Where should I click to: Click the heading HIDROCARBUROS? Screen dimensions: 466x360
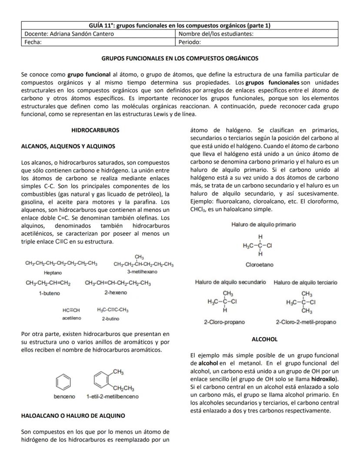click(95, 130)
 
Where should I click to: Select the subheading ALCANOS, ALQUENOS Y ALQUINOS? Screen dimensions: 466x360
click(68, 146)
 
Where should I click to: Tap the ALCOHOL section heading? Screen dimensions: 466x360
click(264, 339)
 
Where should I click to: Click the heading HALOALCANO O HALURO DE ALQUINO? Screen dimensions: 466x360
click(73, 416)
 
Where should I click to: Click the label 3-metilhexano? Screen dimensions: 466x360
click(142, 272)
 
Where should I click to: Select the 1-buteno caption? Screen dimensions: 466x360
click(49, 293)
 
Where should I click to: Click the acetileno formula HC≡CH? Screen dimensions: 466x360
click(71, 310)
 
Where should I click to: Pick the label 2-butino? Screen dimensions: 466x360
click(111, 318)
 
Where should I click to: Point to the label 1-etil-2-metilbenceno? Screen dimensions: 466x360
click(113, 396)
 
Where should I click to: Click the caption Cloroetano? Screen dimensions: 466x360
click(260, 264)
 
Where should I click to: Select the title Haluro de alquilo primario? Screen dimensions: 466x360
click(264, 224)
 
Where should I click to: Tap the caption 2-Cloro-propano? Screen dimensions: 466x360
click(224, 322)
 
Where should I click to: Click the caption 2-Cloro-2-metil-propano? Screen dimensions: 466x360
click(306, 322)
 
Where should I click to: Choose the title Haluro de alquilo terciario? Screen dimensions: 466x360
click(305, 282)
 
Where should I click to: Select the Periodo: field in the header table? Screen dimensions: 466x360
click(190, 42)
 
